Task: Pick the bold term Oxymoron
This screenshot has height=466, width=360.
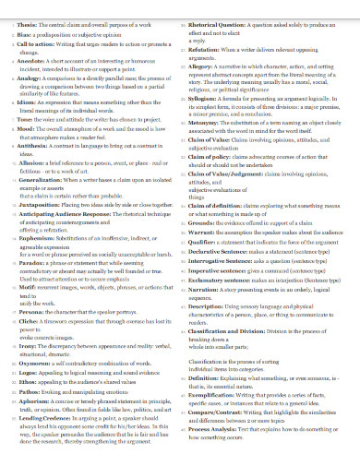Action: pyautogui.click(x=33, y=373)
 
